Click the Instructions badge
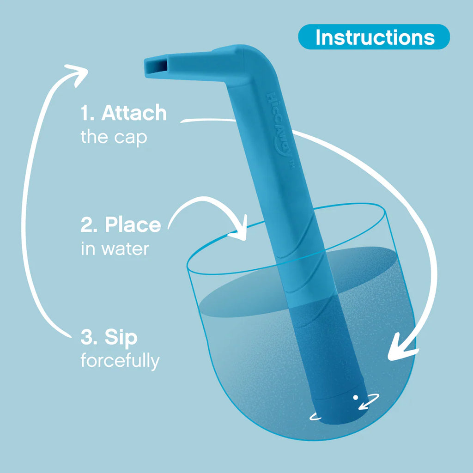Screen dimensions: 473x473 pos(374,37)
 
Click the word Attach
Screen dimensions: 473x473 pos(133,113)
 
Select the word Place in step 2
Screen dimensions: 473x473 pos(133,225)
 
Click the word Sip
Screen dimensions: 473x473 pos(121,338)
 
